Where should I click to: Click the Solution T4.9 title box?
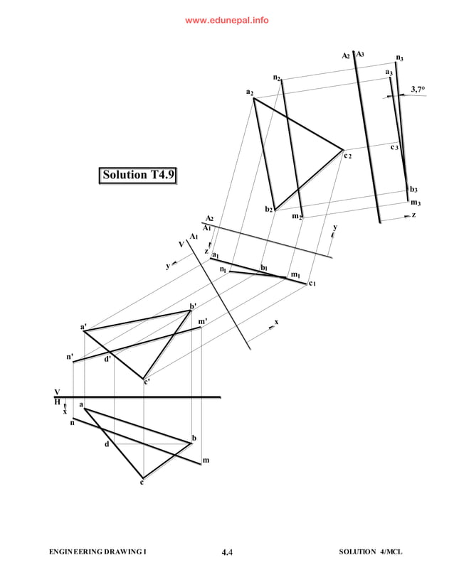138,175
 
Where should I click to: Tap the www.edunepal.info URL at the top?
227,21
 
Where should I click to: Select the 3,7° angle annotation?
418,89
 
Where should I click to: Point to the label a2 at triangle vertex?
250,92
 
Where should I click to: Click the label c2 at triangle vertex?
348,155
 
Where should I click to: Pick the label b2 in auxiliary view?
269,209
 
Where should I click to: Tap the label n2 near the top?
277,77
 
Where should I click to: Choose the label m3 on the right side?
416,203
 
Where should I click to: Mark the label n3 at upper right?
400,59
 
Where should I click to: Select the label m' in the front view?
203,322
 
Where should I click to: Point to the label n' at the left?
70,357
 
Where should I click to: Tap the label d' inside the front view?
107,359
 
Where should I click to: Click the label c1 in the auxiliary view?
312,284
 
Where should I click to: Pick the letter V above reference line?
58,392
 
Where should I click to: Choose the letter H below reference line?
58,402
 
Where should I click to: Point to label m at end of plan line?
206,461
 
